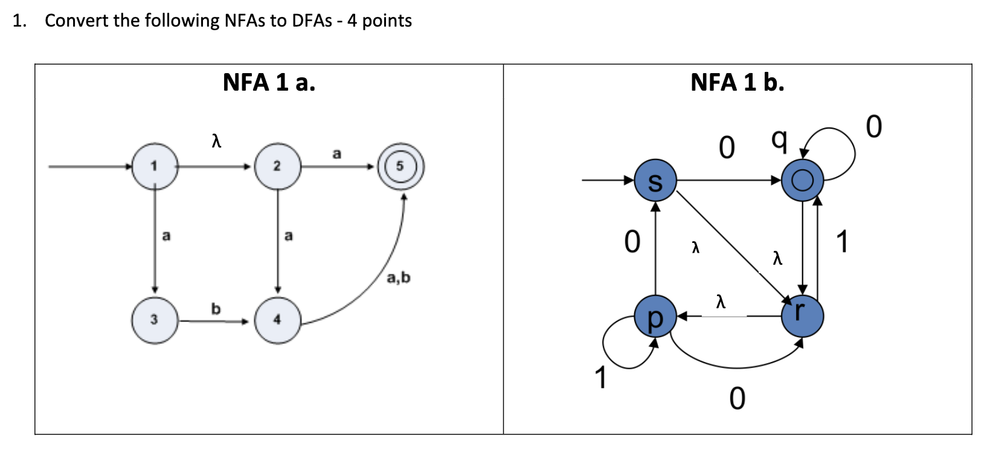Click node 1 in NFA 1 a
click(x=155, y=166)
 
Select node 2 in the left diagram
click(x=277, y=166)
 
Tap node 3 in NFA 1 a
click(x=155, y=320)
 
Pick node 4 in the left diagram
click(x=277, y=320)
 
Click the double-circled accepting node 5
click(x=400, y=166)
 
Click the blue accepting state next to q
click(x=802, y=181)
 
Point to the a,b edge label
click(x=398, y=277)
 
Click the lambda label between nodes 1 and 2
click(x=216, y=141)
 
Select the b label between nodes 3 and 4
click(x=216, y=309)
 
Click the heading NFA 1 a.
click(x=269, y=82)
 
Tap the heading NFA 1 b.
click(x=737, y=82)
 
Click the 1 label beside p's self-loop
click(x=600, y=378)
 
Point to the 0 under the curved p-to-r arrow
click(x=737, y=398)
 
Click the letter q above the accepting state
click(x=779, y=141)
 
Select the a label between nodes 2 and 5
click(x=336, y=154)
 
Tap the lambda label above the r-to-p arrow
click(x=719, y=300)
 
